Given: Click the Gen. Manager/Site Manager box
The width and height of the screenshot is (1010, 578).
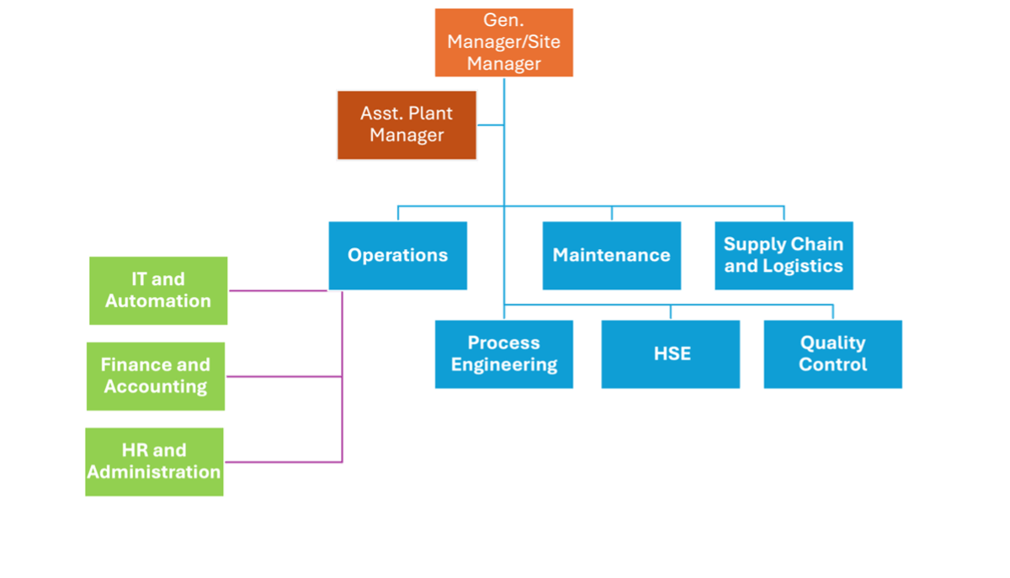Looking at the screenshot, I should (504, 43).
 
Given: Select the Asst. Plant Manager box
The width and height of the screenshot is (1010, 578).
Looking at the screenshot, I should (407, 125).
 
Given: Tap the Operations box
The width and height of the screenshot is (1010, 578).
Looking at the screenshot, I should (397, 256).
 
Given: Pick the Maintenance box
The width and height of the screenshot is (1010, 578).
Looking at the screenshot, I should (611, 256).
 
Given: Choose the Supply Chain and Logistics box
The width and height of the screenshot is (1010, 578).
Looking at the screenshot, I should (784, 256).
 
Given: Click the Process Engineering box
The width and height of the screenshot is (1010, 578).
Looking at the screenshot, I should (504, 354).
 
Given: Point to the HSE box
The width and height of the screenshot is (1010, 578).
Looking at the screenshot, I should (671, 354).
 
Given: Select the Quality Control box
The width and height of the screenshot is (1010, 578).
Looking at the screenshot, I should (832, 354).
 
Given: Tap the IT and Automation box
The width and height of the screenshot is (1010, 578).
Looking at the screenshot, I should (158, 290).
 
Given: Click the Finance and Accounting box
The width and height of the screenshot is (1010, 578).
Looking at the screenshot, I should (156, 376).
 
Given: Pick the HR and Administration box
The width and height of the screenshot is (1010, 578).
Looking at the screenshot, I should (154, 462).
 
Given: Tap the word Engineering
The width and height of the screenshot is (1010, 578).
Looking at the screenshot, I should (504, 365).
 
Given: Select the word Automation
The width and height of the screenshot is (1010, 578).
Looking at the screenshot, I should (158, 301).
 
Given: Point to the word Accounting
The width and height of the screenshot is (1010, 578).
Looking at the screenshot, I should (156, 387).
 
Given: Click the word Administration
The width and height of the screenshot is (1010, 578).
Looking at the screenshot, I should (154, 473).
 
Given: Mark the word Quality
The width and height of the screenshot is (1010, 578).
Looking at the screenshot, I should (832, 343).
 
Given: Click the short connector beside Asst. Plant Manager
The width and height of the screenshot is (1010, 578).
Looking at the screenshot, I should (491, 125).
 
